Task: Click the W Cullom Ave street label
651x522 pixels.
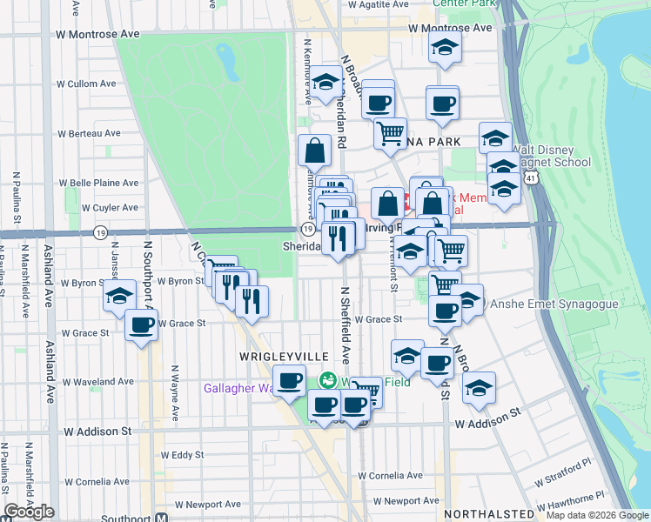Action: (x=89, y=84)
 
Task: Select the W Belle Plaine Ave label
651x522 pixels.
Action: (x=97, y=184)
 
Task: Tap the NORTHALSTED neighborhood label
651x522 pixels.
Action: (x=489, y=515)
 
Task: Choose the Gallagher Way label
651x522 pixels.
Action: (x=238, y=388)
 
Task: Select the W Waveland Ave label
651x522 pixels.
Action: (x=96, y=382)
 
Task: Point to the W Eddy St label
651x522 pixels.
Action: (x=182, y=455)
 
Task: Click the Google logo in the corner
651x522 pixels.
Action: (x=29, y=512)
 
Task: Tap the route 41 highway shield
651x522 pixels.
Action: (x=530, y=178)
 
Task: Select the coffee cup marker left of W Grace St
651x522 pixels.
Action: (x=141, y=327)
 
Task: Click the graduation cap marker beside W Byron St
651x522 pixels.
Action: (x=119, y=296)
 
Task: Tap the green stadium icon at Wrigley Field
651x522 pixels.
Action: (x=328, y=380)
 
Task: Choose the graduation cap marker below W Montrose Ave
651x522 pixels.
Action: (x=445, y=50)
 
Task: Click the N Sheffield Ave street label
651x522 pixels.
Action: (x=345, y=325)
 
